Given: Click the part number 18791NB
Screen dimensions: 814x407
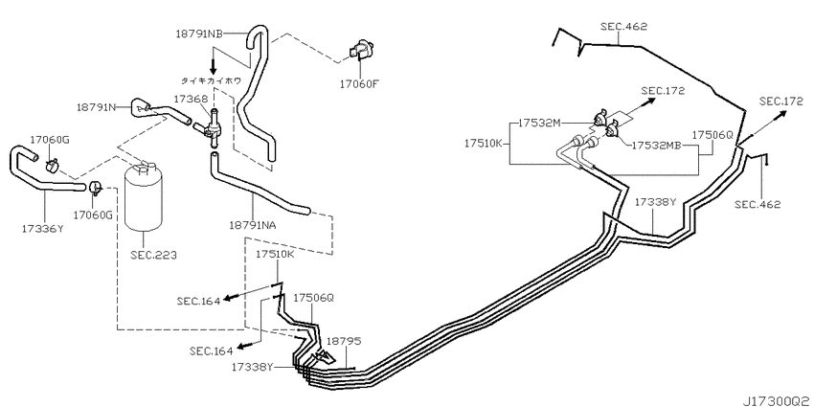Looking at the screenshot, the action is point(199,34).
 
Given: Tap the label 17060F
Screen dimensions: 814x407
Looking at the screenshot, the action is point(359,83).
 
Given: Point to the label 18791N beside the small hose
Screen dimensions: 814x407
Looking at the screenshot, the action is point(97,107).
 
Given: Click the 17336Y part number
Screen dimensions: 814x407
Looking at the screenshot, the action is point(42,227).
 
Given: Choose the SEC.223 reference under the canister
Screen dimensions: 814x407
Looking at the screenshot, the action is point(154,255).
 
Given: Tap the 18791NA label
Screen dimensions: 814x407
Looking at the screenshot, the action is point(252,225).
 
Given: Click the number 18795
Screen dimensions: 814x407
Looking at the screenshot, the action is point(343,341).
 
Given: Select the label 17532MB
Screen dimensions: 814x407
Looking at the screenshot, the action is point(656,146).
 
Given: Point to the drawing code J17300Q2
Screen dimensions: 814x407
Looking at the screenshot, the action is point(779,401).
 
